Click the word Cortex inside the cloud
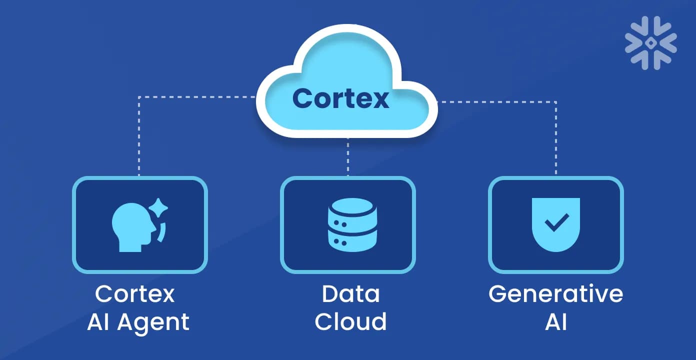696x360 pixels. coord(340,98)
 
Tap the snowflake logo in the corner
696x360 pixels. coord(650,42)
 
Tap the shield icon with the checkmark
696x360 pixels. coord(556,224)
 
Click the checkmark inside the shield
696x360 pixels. coord(556,221)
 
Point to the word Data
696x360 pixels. coord(350,294)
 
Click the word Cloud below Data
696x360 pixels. coord(350,321)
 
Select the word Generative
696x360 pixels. coord(555,294)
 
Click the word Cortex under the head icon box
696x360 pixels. coord(134,294)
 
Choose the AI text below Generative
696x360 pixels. coord(555,321)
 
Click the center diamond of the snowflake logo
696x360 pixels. coord(650,42)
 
